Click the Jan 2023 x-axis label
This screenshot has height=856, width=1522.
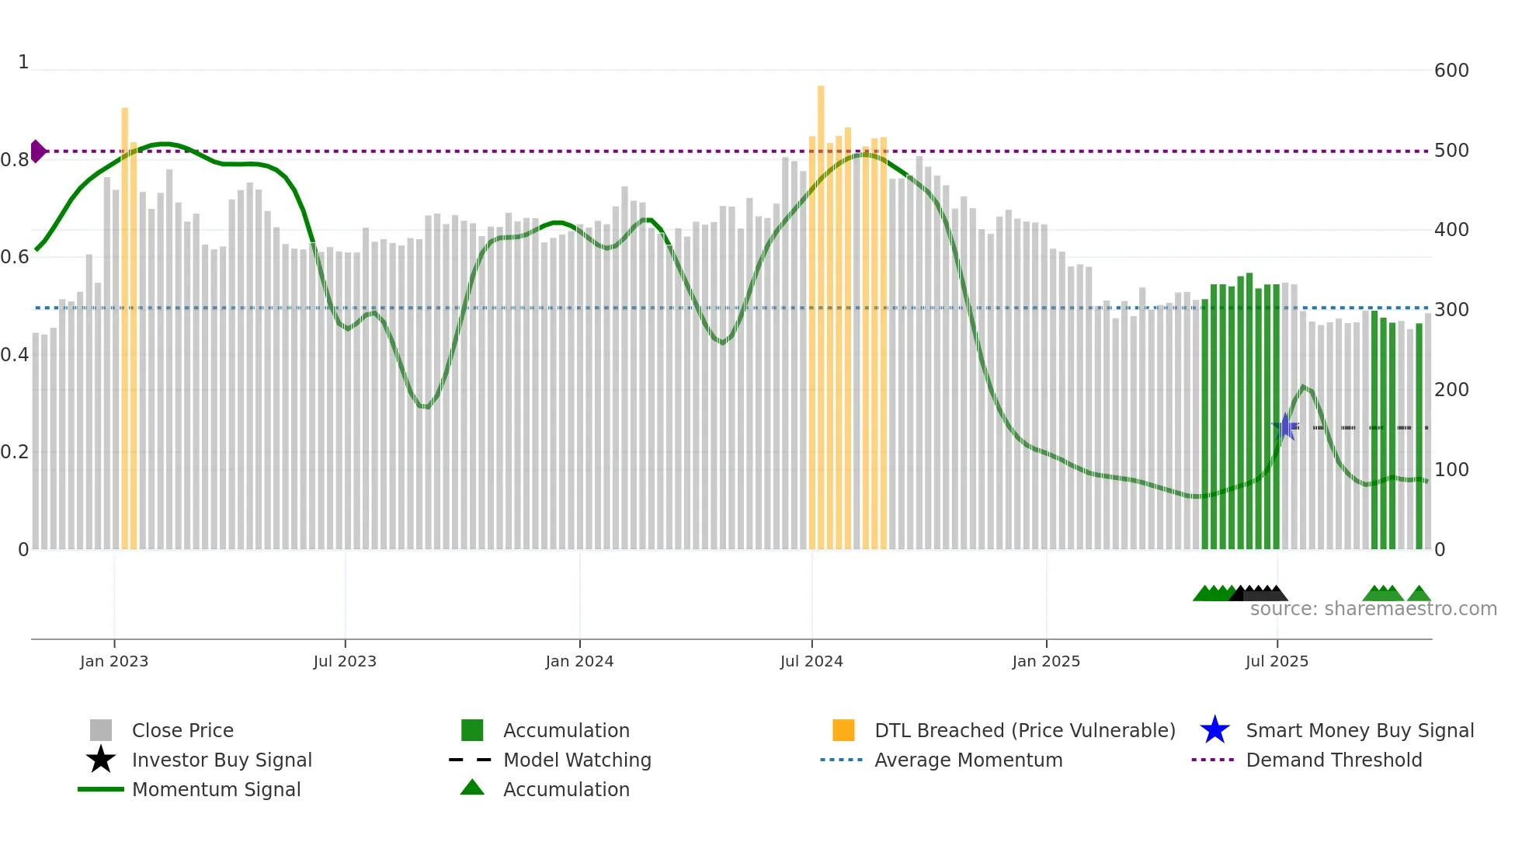point(114,661)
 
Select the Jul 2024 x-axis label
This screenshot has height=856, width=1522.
point(811,661)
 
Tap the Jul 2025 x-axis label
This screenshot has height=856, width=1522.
point(1277,661)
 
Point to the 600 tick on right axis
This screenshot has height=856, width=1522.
point(1451,71)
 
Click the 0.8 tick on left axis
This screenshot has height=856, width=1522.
point(15,160)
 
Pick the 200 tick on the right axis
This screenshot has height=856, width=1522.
point(1451,390)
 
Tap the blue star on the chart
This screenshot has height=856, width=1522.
point(1286,426)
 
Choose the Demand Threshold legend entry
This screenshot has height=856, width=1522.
point(1333,760)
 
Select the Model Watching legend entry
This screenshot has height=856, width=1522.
point(576,760)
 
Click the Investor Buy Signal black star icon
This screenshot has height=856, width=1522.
point(101,760)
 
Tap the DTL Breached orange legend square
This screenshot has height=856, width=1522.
point(843,730)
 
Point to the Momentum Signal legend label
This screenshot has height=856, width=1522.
point(216,789)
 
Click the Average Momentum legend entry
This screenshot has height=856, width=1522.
point(968,760)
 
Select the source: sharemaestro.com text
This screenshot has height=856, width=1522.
point(1373,609)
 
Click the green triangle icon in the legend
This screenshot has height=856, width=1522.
point(472,788)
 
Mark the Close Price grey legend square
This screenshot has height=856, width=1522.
point(101,730)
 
